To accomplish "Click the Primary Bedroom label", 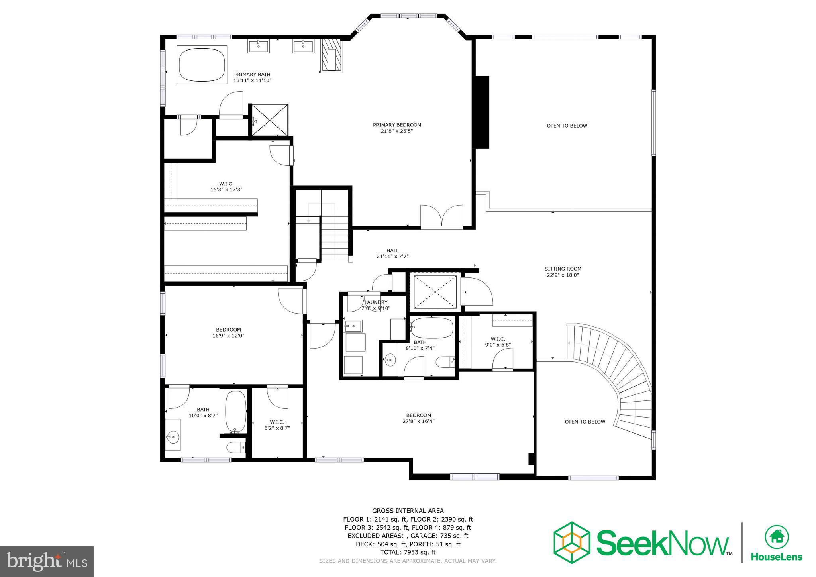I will (397, 125).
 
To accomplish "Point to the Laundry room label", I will (376, 302).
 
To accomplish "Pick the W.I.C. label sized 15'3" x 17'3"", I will (226, 184).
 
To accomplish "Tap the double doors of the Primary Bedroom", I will (441, 216).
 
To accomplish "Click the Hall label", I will (392, 251).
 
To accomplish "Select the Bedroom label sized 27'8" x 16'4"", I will (418, 415).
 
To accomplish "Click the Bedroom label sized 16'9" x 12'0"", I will (228, 330).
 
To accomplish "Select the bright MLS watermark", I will (47, 561).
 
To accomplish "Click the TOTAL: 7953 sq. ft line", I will (408, 552).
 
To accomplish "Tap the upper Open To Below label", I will (567, 126).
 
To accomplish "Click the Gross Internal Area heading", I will (408, 511).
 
